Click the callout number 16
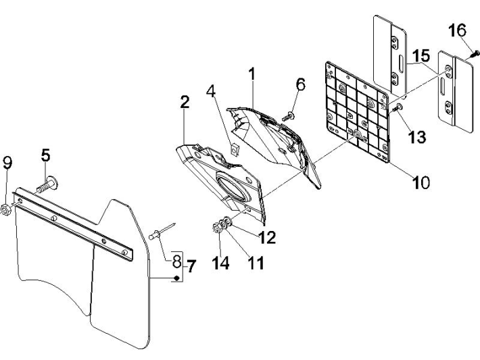tap(457, 31)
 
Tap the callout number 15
tap(421, 54)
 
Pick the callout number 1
tap(251, 74)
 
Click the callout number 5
tap(45, 155)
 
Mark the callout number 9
tap(7, 163)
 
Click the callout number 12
tap(266, 238)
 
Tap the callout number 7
tap(191, 266)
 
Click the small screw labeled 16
tap(476, 51)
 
